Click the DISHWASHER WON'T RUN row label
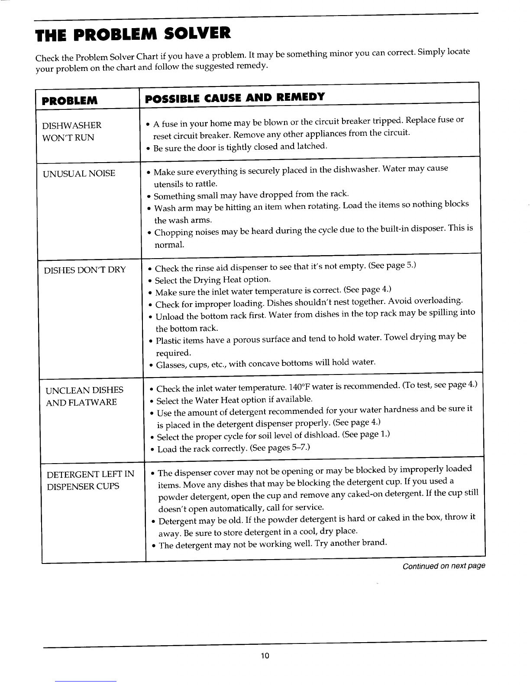click(x=72, y=131)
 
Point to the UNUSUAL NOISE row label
click(x=79, y=173)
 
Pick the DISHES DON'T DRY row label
click(x=85, y=270)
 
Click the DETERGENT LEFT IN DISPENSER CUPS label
click(x=90, y=480)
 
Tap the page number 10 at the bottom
click(x=265, y=656)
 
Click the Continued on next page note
click(x=444, y=566)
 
